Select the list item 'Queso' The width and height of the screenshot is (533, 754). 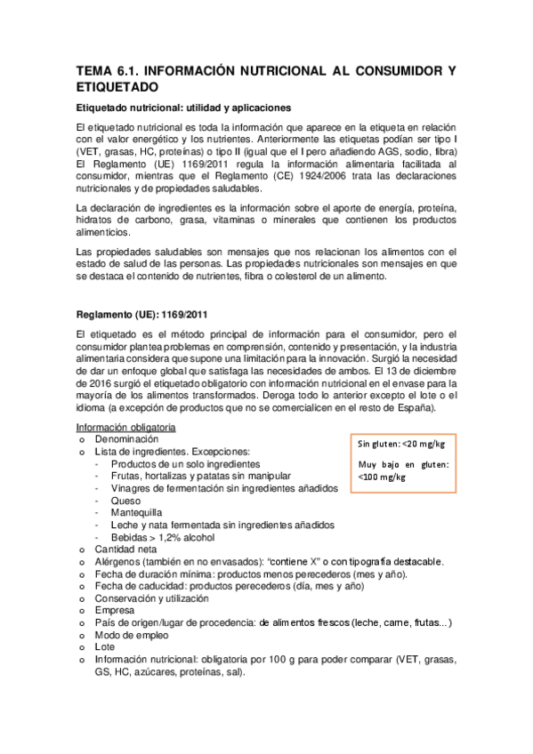tap(125, 501)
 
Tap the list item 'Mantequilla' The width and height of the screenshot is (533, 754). tap(138, 513)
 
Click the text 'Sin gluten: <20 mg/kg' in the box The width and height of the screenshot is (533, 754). tap(401, 444)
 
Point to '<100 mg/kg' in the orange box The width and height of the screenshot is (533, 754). tap(381, 477)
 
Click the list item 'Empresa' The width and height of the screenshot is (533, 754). tap(115, 611)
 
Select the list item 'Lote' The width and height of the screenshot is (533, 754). tap(105, 648)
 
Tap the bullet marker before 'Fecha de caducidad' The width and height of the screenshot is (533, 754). tap(82, 587)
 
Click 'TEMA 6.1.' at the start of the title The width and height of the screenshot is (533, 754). tap(106, 69)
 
